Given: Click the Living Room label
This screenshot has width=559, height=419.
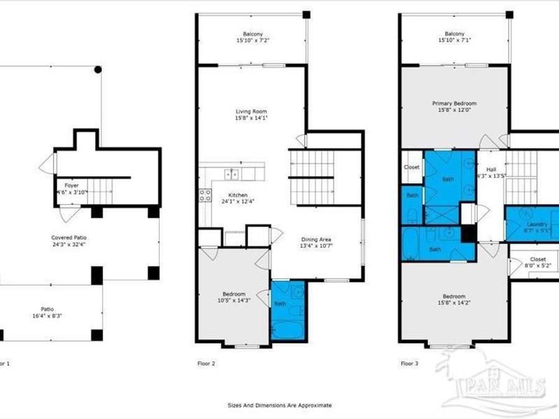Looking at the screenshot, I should (252, 110).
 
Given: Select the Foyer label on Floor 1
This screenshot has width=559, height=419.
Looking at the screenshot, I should (71, 185).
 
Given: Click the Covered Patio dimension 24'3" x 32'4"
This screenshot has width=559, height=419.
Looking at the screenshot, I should (68, 244).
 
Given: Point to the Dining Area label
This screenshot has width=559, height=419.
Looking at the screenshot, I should (316, 240).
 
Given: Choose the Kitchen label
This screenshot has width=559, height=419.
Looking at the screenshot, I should (238, 194).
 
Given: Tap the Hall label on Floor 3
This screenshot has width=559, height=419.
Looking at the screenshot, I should (491, 169).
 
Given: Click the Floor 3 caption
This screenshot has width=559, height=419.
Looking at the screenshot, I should (409, 363).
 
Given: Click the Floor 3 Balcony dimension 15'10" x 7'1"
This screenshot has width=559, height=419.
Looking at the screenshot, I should (454, 40).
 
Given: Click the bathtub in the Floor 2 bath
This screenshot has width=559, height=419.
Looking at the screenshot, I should (288, 330).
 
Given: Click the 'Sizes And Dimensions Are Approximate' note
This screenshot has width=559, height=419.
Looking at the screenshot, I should (279, 405).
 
